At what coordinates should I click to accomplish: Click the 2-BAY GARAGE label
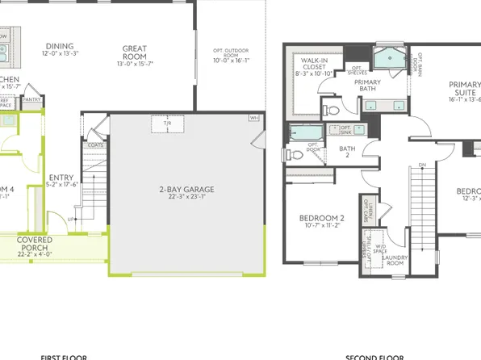coord(186,190)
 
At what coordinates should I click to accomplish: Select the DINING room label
coord(60,46)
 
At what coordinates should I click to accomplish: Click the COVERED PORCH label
coord(34,240)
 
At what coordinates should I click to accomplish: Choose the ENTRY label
coord(61,178)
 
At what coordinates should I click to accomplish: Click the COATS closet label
coord(96,145)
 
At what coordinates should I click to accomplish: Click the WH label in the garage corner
coord(254,118)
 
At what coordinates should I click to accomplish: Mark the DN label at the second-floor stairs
coord(422,165)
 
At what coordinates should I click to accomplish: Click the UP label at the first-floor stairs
coord(72,219)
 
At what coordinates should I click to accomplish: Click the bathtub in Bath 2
coord(303,131)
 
